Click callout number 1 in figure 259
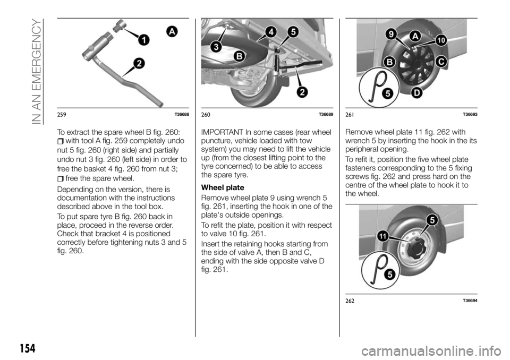tap(142, 39)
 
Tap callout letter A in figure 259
tap(172, 32)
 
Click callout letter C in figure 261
tap(440, 62)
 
